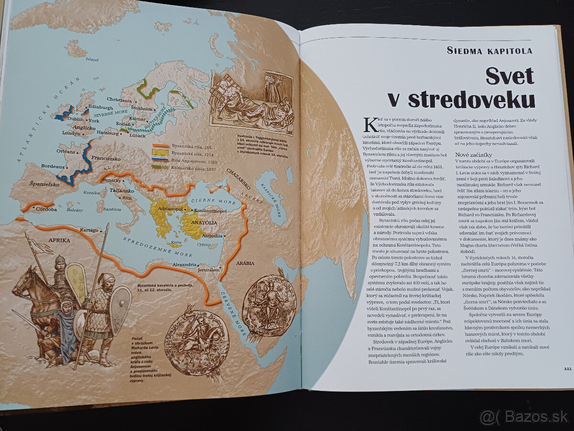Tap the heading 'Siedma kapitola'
pyautogui.click(x=489, y=51)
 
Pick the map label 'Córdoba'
pyautogui.click(x=45, y=209)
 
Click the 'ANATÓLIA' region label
pyautogui.click(x=205, y=223)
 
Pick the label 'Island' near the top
pyautogui.click(x=91, y=60)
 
